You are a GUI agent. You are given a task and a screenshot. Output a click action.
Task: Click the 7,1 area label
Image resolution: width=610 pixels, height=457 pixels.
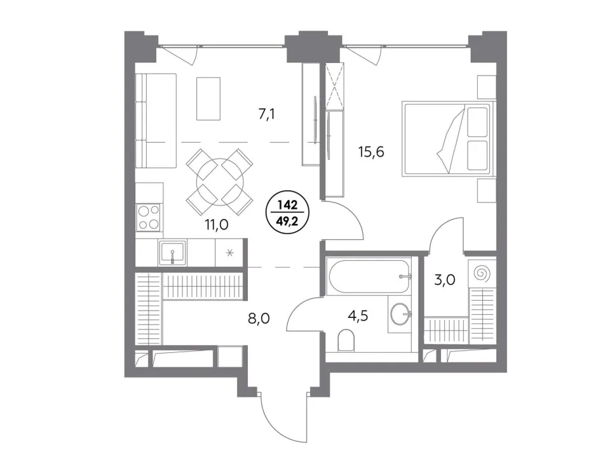coord(267,115)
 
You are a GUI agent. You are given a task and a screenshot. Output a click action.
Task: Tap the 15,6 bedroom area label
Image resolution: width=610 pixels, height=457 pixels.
coord(371,152)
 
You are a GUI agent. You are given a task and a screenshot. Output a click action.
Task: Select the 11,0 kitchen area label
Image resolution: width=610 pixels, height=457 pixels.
coord(217,224)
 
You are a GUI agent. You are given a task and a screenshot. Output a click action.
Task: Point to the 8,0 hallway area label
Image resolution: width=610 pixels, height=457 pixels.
coord(259,319)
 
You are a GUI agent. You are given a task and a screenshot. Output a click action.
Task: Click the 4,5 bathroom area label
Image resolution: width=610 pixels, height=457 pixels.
coord(358,316)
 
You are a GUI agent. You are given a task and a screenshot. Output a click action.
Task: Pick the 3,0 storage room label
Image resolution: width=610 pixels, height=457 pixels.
coord(445,279)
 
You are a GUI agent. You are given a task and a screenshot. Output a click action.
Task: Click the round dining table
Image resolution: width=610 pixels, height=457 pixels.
coord(220,182)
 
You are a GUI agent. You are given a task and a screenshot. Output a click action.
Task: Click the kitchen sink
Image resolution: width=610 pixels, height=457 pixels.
coord(172,252)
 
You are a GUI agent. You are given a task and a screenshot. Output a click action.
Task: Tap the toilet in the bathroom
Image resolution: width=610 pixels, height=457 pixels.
coord(346,340)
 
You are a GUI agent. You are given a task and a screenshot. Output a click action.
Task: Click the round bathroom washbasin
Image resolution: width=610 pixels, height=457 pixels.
coord(400,313)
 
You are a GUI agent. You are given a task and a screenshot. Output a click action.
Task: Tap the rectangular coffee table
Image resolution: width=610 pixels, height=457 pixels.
coord(208,99)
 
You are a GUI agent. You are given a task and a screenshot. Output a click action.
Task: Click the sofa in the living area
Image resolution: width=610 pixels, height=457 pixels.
coord(156,121)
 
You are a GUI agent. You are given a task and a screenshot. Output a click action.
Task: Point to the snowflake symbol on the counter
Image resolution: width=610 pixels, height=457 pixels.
coord(229,253)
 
